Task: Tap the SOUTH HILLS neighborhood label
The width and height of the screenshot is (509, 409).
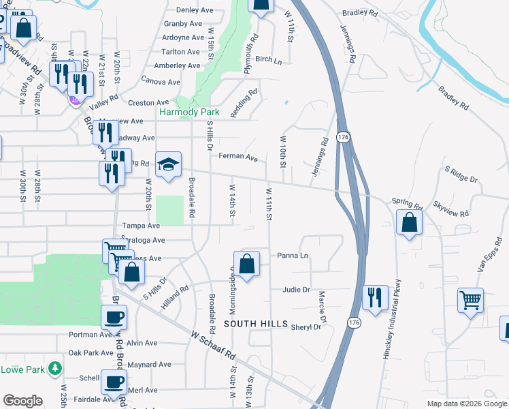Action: click(256, 323)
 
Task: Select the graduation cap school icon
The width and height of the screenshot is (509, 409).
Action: click(169, 164)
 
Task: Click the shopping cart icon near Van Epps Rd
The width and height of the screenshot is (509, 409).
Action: click(471, 299)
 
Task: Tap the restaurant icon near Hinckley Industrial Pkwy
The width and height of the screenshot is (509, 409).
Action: click(375, 297)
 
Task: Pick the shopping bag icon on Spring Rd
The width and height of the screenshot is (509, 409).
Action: click(408, 222)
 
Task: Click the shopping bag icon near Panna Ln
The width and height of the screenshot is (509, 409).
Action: click(246, 263)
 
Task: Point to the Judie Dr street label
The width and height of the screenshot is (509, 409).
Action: click(296, 290)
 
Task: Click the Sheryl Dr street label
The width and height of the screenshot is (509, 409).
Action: click(306, 327)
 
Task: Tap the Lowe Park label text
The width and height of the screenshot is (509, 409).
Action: click(22, 369)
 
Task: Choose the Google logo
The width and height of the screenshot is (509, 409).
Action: click(23, 400)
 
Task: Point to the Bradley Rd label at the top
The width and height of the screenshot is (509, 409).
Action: click(360, 13)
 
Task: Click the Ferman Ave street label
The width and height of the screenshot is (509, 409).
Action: click(238, 157)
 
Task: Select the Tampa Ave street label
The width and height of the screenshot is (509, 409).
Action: click(141, 226)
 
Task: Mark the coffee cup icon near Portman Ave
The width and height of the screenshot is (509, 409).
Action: click(114, 316)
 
